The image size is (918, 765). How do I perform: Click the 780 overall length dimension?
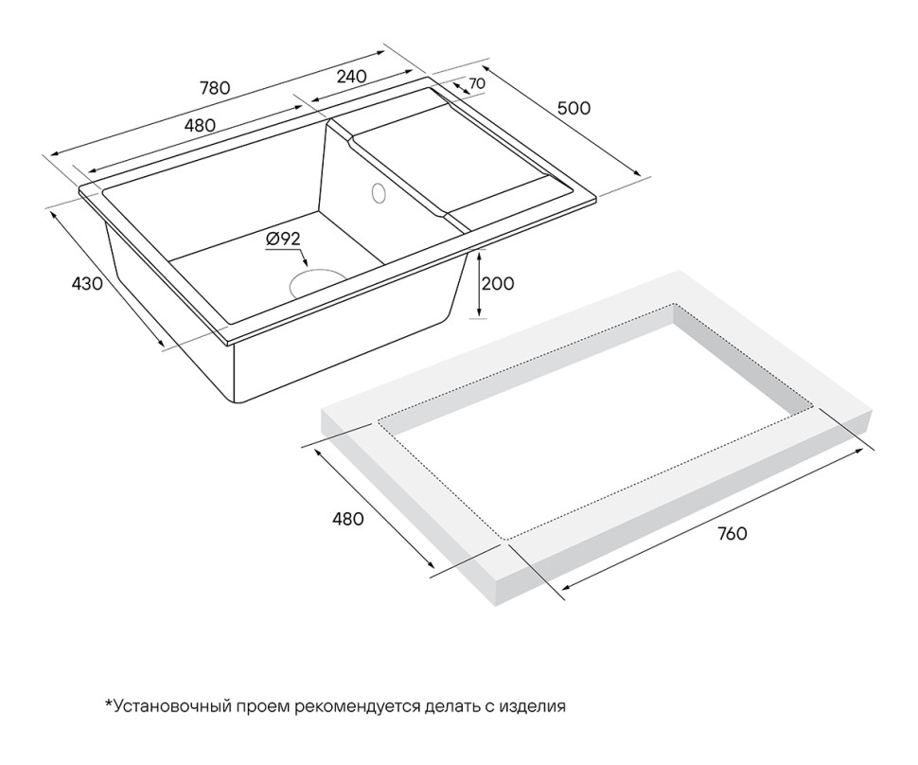(215, 88)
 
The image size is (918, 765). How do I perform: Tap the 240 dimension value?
(351, 77)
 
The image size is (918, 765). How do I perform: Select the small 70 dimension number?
(477, 83)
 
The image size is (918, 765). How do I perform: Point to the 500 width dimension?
(573, 108)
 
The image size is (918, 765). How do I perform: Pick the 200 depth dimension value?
(497, 283)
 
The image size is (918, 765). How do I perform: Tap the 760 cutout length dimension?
(732, 533)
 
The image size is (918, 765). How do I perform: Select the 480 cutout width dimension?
(347, 519)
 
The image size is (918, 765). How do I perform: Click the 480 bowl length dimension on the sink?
(200, 125)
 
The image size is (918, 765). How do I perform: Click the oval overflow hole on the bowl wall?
(379, 193)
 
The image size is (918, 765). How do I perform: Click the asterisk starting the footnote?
(108, 703)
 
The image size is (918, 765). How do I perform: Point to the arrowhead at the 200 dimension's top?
(482, 254)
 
